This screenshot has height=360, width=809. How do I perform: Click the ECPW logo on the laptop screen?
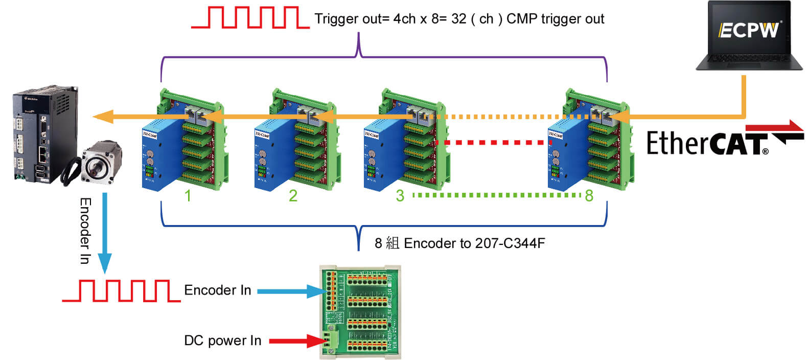pyautogui.click(x=750, y=30)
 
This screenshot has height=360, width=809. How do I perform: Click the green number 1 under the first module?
pyautogui.click(x=188, y=196)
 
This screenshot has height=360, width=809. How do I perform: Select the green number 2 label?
pyautogui.click(x=293, y=196)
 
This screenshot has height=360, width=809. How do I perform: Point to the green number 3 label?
pyautogui.click(x=400, y=196)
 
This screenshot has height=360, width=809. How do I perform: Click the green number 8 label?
pyautogui.click(x=589, y=196)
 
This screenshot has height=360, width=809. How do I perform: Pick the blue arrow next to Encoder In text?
pyautogui.click(x=289, y=291)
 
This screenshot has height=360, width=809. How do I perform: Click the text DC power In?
pyautogui.click(x=222, y=341)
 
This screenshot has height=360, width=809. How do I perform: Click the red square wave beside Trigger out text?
pyautogui.click(x=250, y=18)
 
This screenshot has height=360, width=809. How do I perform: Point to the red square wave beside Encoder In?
pyautogui.click(x=121, y=290)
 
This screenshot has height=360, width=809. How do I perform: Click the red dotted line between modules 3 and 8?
pyautogui.click(x=493, y=143)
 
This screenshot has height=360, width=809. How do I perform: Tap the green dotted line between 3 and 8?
pyautogui.click(x=496, y=195)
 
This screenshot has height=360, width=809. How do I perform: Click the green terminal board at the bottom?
pyautogui.click(x=360, y=312)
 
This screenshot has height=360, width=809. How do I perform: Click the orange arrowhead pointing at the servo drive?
pyautogui.click(x=102, y=117)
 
